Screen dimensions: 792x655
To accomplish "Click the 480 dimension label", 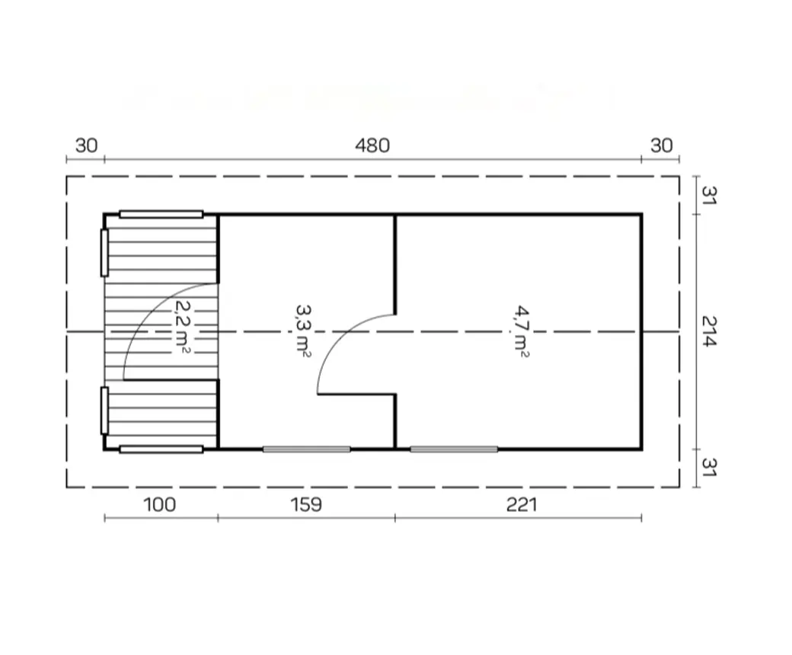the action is click(372, 145).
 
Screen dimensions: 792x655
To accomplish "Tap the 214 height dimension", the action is click(710, 331).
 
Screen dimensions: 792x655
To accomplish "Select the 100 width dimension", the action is click(160, 504).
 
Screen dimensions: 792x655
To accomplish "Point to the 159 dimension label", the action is click(306, 504).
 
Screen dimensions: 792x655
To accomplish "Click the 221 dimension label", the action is click(522, 504).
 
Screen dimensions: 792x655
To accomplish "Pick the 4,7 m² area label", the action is click(522, 331).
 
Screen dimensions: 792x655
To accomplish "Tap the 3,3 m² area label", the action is click(303, 331).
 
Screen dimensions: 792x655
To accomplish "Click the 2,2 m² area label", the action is click(183, 326).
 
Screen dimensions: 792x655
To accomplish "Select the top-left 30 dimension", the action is click(86, 145).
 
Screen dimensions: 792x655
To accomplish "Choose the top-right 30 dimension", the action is click(662, 145).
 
